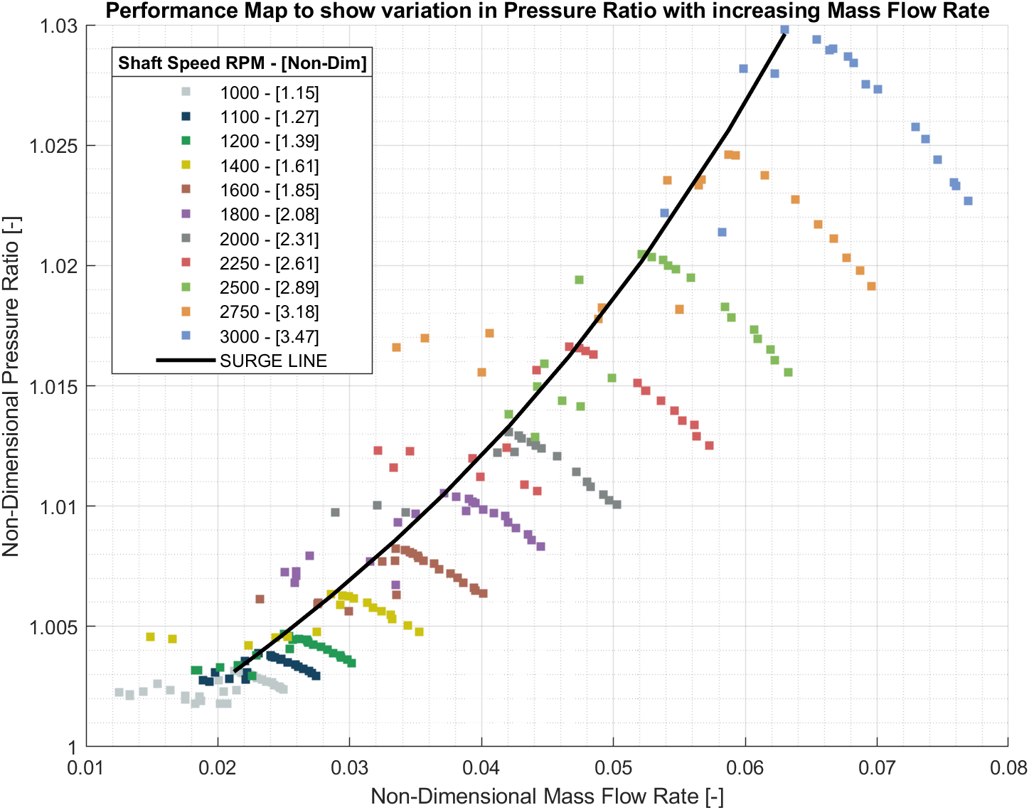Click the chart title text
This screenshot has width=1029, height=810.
tap(548, 11)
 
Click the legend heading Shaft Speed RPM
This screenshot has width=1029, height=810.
tap(242, 63)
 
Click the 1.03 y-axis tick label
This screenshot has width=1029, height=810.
tap(61, 26)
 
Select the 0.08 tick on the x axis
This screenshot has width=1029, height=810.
tap(1008, 768)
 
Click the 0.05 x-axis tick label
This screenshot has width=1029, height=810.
tap(613, 768)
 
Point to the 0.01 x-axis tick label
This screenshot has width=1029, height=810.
tap(87, 768)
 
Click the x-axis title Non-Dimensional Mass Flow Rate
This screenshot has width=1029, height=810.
tap(547, 796)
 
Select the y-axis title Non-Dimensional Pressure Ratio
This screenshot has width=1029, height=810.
tap(11, 385)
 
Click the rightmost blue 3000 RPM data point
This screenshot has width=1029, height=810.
tap(968, 201)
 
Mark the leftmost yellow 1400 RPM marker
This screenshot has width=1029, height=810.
tap(150, 636)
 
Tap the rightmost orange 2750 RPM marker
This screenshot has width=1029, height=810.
tap(871, 286)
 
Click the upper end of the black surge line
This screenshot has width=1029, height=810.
tap(784, 32)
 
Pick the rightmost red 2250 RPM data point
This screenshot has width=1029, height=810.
tap(709, 446)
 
